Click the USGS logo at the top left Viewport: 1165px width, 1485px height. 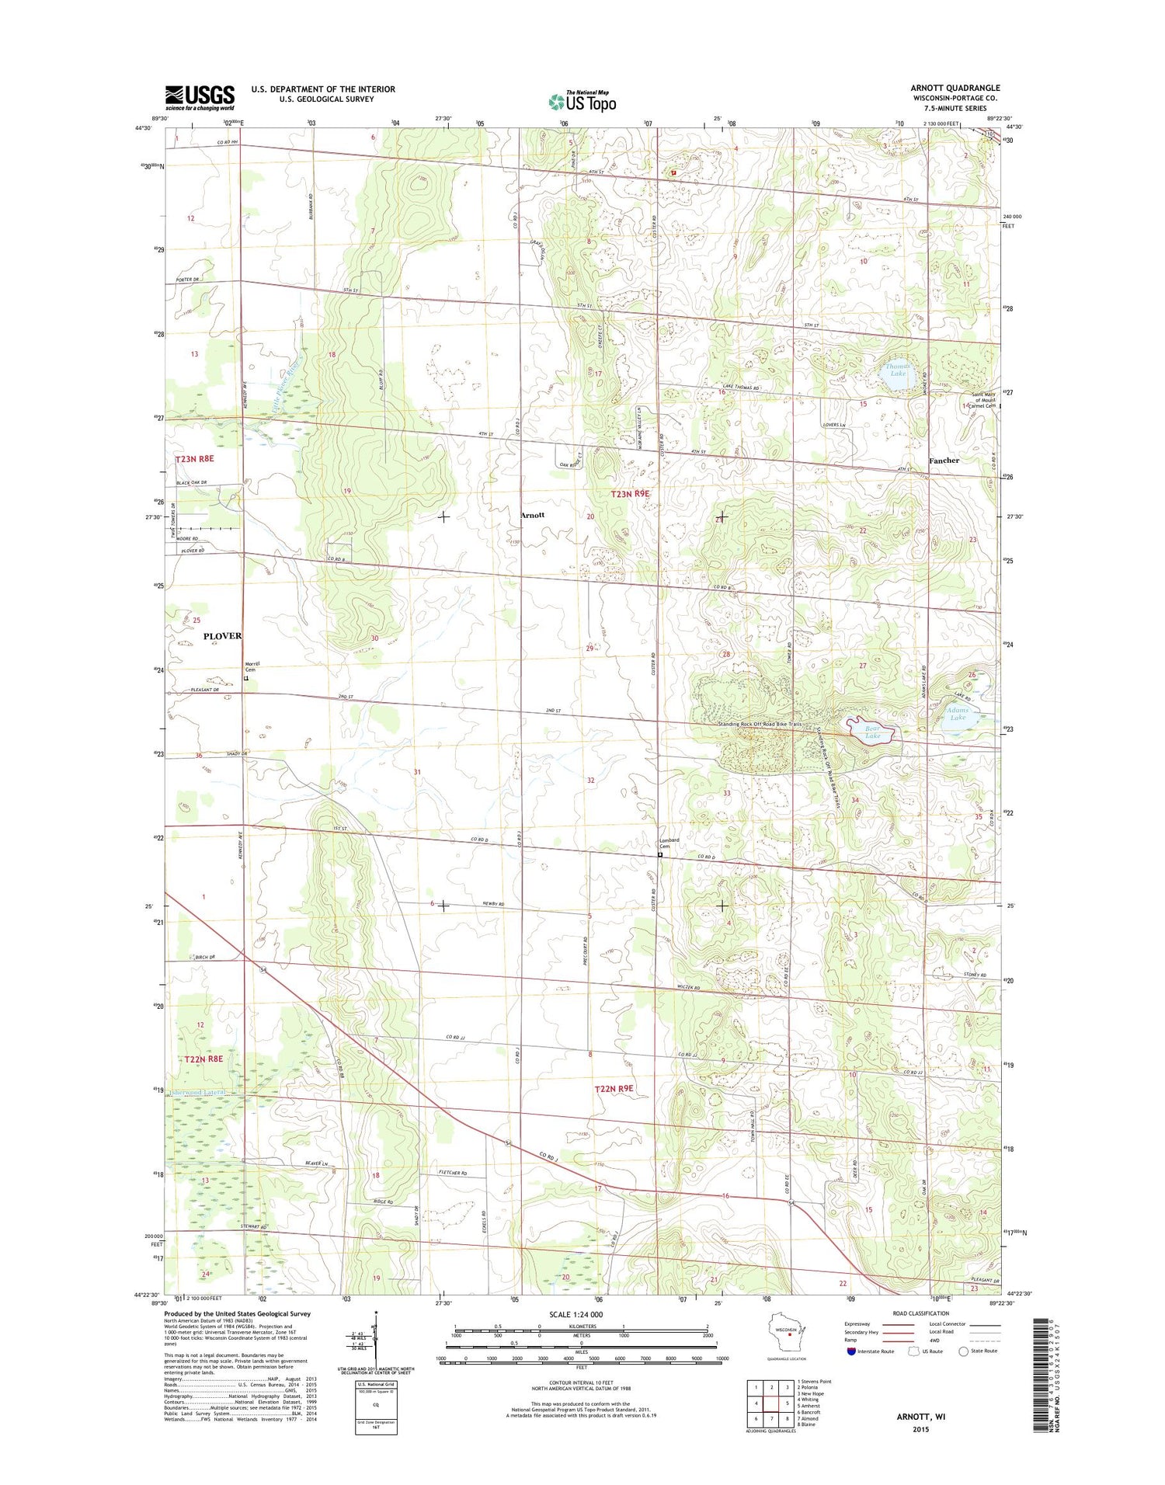(199, 96)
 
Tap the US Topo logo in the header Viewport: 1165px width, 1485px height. (582, 101)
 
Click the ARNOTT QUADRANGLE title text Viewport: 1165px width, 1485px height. (955, 88)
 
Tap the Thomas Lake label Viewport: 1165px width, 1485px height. (897, 370)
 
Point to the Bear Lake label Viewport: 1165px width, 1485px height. (873, 732)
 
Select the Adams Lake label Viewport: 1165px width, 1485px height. (957, 713)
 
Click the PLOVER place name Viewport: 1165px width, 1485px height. (222, 636)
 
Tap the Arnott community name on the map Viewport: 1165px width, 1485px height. (532, 515)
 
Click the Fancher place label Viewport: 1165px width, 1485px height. (944, 461)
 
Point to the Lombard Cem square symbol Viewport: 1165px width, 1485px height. (660, 855)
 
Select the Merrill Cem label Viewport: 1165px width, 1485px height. (252, 666)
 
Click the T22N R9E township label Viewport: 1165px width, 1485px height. (614, 1089)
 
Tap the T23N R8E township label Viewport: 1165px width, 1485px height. (194, 459)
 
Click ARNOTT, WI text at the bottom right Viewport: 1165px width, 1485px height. (921, 1417)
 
